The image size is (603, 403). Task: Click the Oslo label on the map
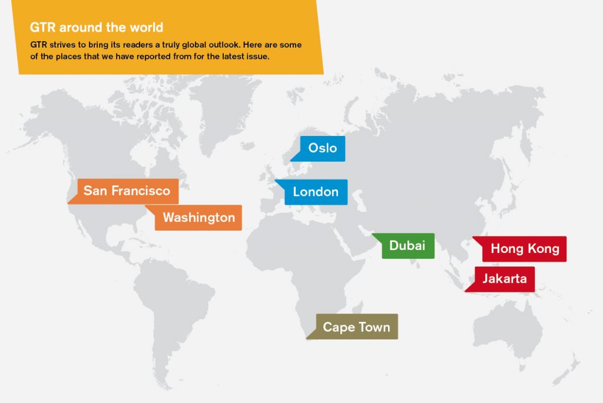(322, 148)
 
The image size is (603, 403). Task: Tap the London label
(316, 192)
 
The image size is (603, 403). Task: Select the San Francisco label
(127, 191)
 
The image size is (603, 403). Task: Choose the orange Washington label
(198, 218)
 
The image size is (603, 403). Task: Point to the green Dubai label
(407, 245)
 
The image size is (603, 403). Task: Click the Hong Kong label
(524, 249)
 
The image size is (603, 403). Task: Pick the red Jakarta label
(505, 279)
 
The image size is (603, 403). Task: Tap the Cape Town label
(356, 327)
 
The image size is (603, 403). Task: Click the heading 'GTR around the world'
(97, 27)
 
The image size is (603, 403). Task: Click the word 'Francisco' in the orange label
(143, 191)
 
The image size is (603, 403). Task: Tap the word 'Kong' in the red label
(543, 249)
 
